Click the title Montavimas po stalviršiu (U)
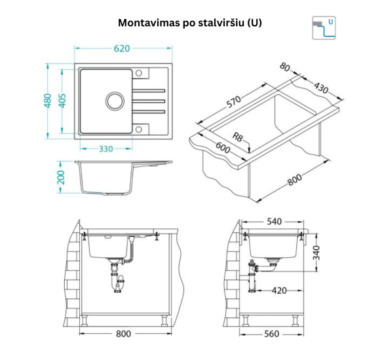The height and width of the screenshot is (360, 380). tap(190, 22)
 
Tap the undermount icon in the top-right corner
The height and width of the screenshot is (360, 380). tap(325, 27)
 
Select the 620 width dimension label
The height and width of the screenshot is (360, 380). tap(123, 48)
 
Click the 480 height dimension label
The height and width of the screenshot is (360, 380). tap(48, 101)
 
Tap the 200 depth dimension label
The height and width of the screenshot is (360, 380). tap(61, 177)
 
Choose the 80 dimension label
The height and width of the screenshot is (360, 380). tap(285, 67)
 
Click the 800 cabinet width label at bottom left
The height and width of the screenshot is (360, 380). tap(124, 334)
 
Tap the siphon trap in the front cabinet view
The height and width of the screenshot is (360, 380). tap(118, 278)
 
